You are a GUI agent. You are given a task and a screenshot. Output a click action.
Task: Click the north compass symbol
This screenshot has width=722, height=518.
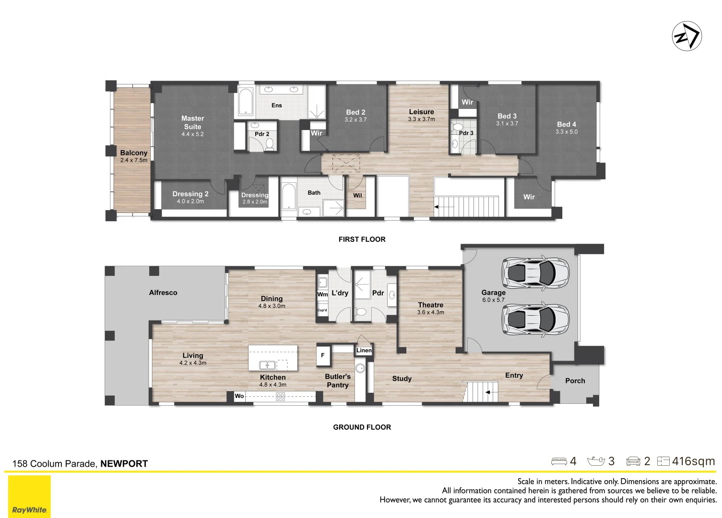click(x=687, y=36)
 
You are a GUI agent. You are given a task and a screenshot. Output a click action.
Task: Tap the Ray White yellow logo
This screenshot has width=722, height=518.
click(x=29, y=496)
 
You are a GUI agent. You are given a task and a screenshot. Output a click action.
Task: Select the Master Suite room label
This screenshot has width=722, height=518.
click(x=192, y=122)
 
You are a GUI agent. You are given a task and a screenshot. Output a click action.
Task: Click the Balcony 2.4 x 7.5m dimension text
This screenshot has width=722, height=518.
click(x=134, y=160)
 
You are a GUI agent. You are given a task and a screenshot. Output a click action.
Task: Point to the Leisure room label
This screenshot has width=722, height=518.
click(x=422, y=112)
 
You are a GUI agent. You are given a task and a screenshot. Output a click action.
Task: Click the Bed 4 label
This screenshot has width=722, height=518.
click(x=567, y=124)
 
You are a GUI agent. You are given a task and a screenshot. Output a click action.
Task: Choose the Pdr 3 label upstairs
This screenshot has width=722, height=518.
click(x=466, y=133)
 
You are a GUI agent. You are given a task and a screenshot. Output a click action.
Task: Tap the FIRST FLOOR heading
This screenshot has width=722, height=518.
click(x=362, y=239)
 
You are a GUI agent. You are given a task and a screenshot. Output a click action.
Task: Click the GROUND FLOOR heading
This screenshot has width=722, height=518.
click(x=362, y=427)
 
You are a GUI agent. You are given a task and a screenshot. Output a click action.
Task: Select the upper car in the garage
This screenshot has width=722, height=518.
click(x=535, y=273)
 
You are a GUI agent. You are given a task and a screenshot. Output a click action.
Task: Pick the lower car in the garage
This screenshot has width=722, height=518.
click(x=535, y=319)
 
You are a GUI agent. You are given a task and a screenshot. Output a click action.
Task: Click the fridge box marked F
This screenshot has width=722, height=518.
click(x=323, y=355)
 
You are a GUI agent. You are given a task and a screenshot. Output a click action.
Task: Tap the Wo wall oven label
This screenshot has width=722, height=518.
click(x=239, y=396)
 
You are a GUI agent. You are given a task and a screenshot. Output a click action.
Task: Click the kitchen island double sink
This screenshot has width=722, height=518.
click(x=267, y=365)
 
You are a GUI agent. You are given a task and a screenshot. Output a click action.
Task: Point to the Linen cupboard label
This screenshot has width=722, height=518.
click(x=364, y=351)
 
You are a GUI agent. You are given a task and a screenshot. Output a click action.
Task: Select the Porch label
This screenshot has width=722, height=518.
click(x=575, y=381)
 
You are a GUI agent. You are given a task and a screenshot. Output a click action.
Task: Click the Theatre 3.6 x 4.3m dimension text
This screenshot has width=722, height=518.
click(x=431, y=312)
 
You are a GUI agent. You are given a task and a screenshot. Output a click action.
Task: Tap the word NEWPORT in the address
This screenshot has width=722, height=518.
click(x=124, y=463)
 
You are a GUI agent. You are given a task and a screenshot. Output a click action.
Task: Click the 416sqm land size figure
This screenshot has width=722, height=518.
click(x=694, y=461)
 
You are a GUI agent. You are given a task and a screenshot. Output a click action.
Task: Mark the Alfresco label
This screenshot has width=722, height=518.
click(x=163, y=293)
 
